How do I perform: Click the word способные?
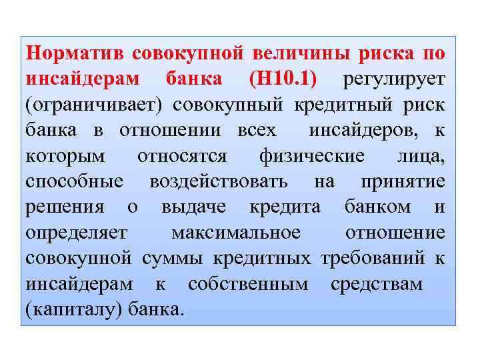pyautogui.click(x=74, y=181)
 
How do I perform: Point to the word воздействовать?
pyautogui.click(x=219, y=181)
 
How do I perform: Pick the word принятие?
pyautogui.click(x=403, y=181)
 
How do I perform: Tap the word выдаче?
pyautogui.click(x=198, y=207)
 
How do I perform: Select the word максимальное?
pyautogui.click(x=236, y=233)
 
